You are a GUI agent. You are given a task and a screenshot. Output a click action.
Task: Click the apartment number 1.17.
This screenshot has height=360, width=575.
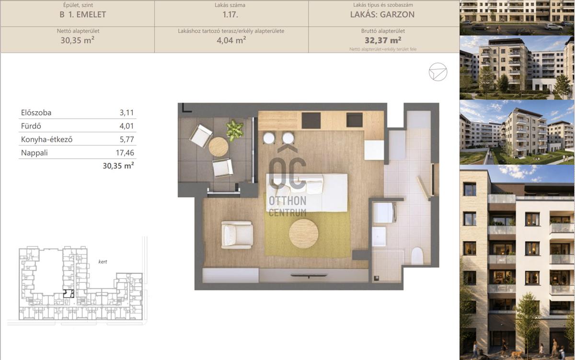(x=230, y=15)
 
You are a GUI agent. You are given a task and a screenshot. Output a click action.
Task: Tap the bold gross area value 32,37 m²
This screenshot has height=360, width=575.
(x=383, y=40)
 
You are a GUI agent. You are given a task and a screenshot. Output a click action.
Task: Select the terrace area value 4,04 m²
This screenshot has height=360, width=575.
(x=231, y=40)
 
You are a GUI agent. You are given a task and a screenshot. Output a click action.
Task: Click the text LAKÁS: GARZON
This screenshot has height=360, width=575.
(x=382, y=15)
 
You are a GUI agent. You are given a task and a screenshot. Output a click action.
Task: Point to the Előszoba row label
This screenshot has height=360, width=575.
(x=36, y=113)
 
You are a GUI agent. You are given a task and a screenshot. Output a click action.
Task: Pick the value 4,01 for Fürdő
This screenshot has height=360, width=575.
(x=127, y=126)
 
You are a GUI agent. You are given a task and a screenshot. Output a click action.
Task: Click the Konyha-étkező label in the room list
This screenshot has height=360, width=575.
(x=47, y=139)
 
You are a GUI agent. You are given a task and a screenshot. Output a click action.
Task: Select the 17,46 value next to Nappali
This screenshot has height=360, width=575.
(x=125, y=153)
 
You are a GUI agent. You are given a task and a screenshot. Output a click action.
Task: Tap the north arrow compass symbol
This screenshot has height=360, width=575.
(x=438, y=72)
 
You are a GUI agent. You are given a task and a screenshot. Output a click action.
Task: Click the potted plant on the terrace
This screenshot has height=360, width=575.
(x=234, y=130)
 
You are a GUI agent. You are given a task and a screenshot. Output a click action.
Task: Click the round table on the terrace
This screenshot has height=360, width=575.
(x=218, y=147)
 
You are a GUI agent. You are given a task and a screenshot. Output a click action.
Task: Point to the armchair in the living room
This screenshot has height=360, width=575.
(x=237, y=235)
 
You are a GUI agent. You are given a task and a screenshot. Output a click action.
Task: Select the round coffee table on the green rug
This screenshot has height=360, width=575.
(x=303, y=233)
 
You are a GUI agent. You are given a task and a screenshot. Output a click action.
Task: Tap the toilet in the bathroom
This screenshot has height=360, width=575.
(x=417, y=256)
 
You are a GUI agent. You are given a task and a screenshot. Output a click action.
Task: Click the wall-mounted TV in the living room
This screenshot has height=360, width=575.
(x=309, y=276)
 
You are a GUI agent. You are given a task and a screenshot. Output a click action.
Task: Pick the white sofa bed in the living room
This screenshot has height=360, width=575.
(x=307, y=193)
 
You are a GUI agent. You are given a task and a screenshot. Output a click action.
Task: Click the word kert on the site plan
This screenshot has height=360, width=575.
(x=103, y=262)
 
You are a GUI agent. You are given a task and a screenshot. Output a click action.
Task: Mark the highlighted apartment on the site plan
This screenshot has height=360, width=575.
(x=69, y=293)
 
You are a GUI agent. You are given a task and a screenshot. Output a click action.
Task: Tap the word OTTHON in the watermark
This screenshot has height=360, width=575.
(x=287, y=201)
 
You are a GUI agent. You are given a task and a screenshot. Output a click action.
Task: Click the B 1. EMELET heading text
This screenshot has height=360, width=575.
(x=82, y=15)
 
